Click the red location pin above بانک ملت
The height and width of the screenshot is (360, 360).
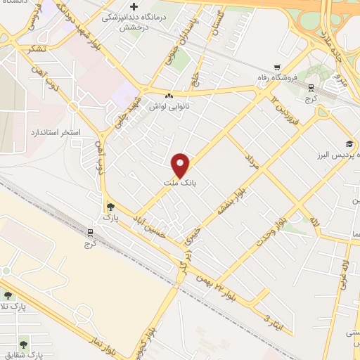coord(181,165)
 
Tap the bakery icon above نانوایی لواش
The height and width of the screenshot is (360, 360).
coord(167,96)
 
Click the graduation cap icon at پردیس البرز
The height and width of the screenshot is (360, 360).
coord(349,143)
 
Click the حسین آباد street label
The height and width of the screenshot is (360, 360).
coord(153,223)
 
